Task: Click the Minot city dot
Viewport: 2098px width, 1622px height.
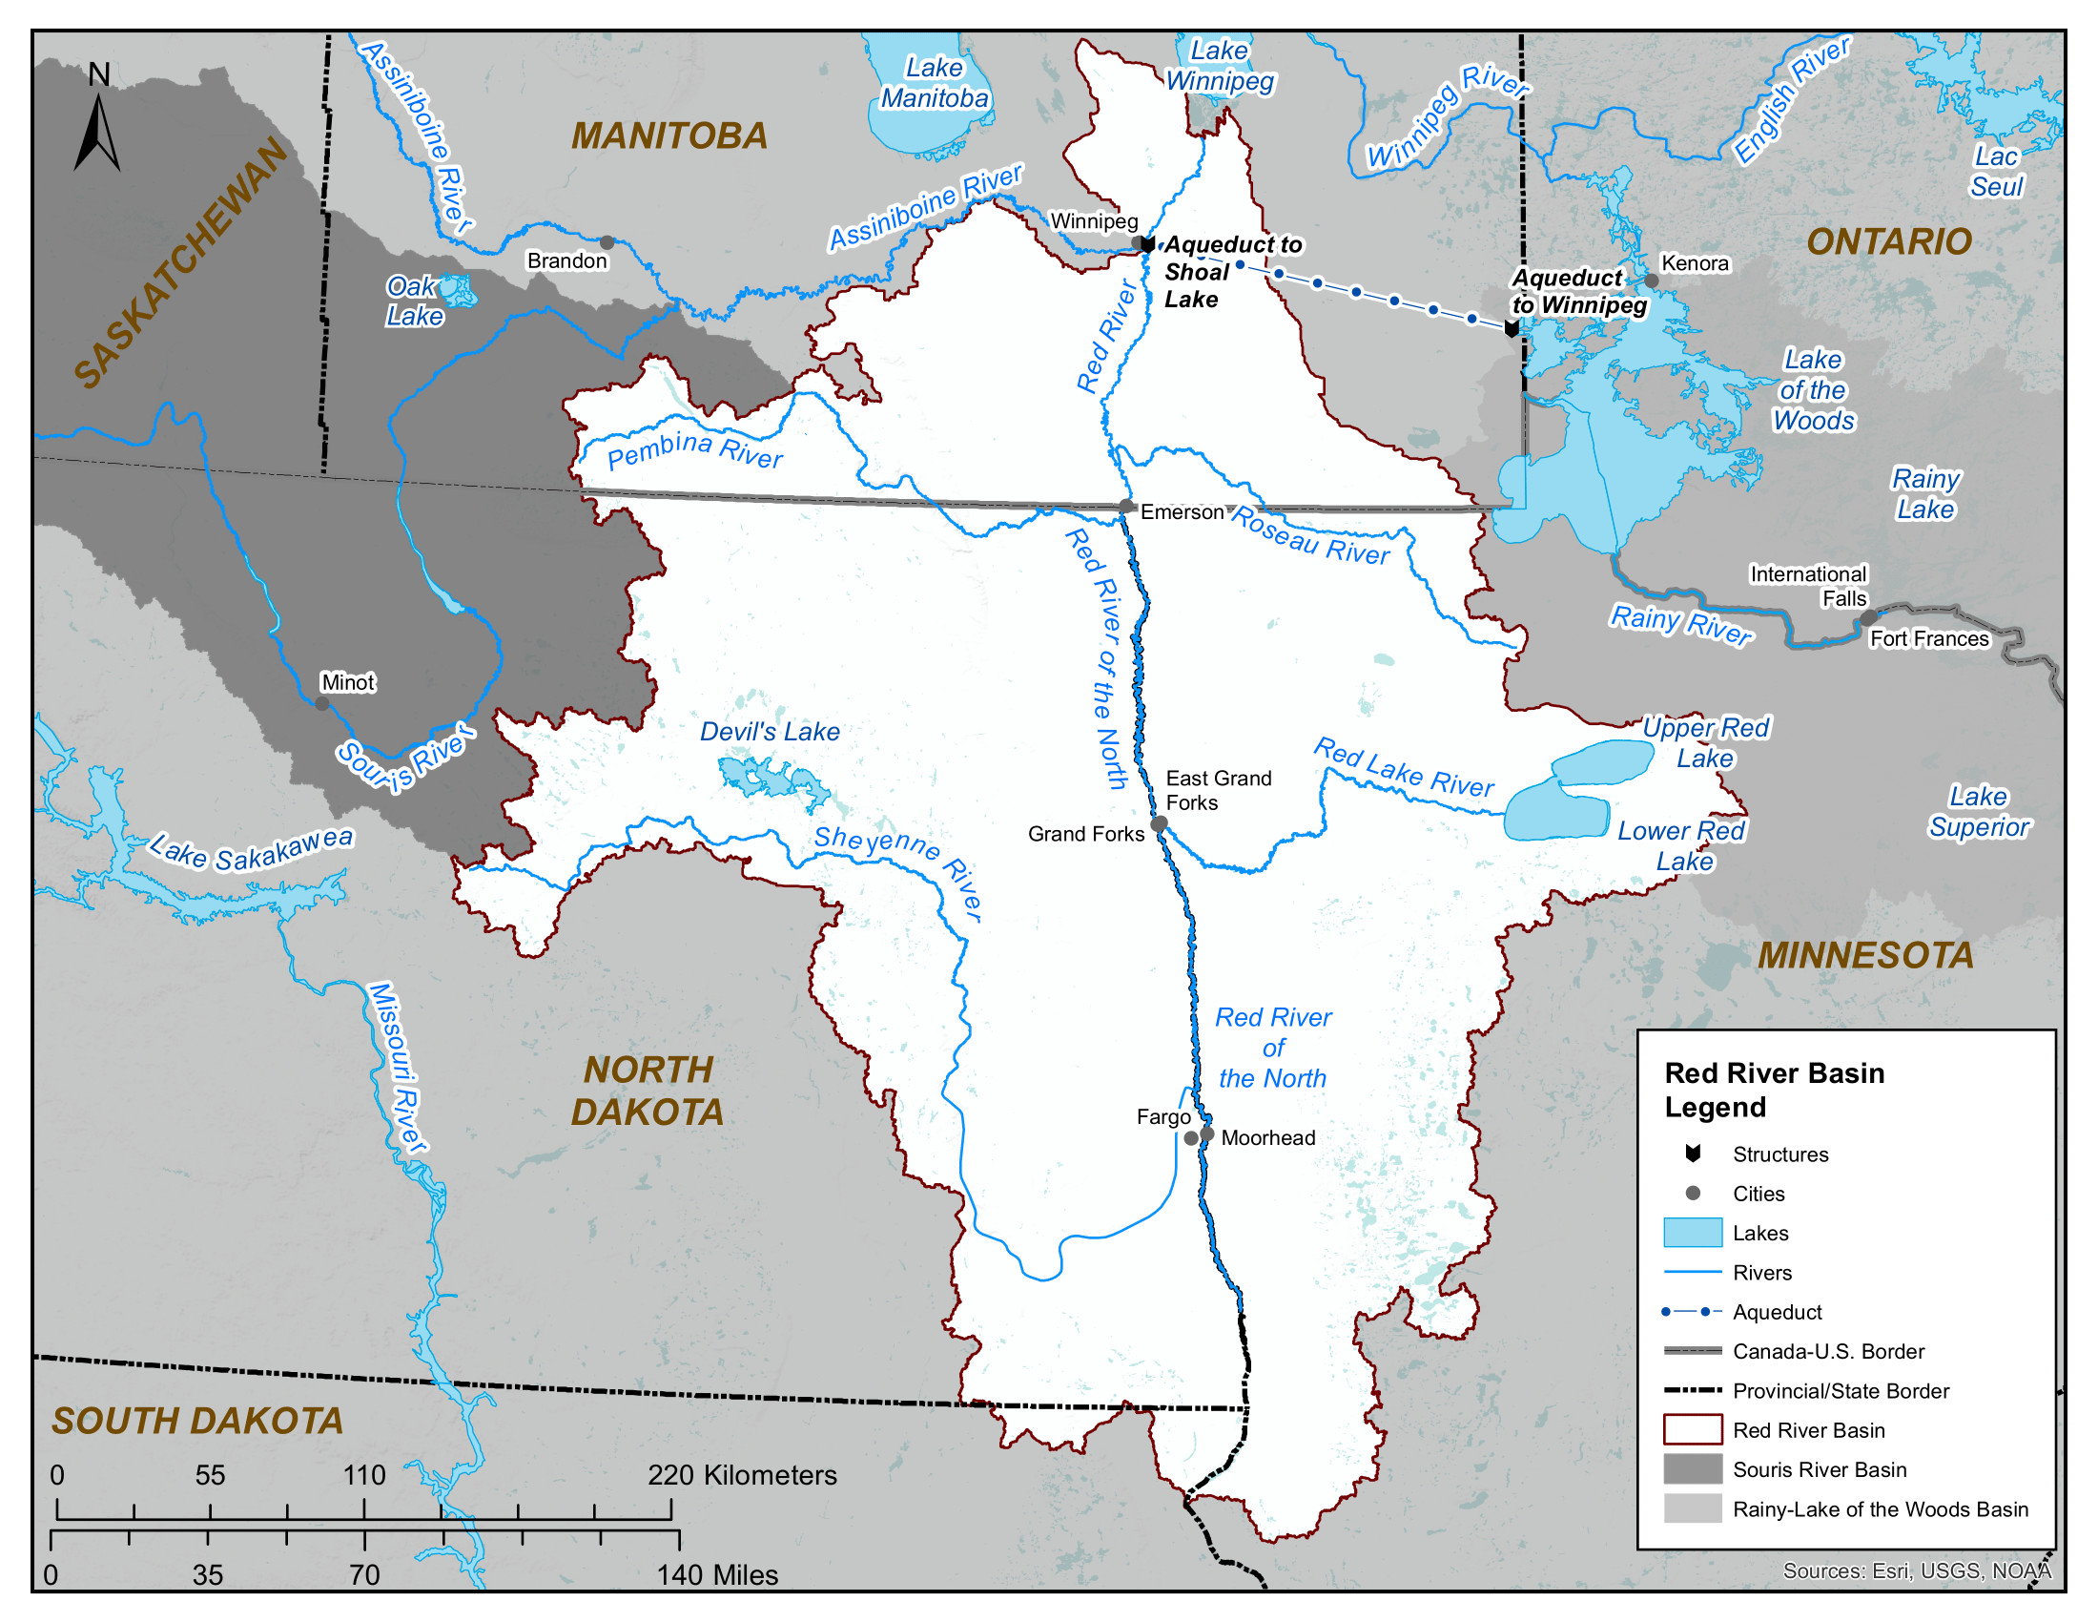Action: click(322, 703)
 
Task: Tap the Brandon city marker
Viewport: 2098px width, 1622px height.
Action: click(607, 242)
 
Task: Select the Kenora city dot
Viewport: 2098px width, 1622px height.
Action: click(1651, 281)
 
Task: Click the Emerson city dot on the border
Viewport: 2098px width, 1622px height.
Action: click(1126, 507)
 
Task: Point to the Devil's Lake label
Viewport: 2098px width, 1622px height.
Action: click(769, 731)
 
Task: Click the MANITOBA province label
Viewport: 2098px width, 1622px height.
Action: click(668, 136)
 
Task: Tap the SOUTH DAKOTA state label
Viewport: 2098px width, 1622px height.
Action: click(197, 1421)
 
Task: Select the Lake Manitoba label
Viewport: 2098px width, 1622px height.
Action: click(934, 83)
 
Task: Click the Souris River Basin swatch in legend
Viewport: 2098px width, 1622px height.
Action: click(1693, 1469)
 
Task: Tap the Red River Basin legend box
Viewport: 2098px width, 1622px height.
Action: click(1693, 1430)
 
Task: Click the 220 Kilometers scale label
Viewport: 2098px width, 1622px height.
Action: click(742, 1475)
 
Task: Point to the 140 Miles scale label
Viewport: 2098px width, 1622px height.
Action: click(716, 1575)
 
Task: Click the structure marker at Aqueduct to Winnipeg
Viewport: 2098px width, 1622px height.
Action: click(1512, 328)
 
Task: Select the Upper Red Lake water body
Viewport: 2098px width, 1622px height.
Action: click(1602, 762)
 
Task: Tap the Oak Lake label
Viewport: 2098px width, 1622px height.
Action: click(415, 301)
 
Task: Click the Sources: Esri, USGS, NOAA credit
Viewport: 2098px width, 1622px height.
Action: click(1917, 1570)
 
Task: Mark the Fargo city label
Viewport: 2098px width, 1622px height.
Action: click(1162, 1116)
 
